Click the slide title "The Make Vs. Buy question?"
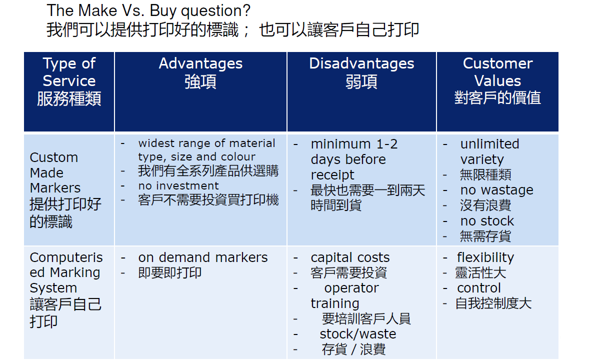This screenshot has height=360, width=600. (x=148, y=10)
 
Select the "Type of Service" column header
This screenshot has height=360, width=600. (x=69, y=72)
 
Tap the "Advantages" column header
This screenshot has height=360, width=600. (x=200, y=63)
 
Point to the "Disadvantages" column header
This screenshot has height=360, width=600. (x=361, y=63)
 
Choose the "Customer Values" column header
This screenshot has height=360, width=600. (x=497, y=72)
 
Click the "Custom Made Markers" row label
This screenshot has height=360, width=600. (x=55, y=172)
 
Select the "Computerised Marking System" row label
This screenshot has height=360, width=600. (x=66, y=272)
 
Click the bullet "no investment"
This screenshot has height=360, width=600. (x=178, y=185)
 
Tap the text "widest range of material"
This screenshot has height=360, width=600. (x=206, y=143)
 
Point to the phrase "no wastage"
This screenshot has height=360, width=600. (x=496, y=190)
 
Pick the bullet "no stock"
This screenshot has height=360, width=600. (x=487, y=221)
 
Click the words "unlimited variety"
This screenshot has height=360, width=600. (x=489, y=151)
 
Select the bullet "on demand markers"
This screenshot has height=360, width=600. (x=203, y=257)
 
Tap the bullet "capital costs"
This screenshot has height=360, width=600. (x=350, y=257)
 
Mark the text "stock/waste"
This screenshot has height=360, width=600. (x=358, y=334)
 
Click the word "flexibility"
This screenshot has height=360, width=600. (x=485, y=257)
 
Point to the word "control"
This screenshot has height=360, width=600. (x=479, y=288)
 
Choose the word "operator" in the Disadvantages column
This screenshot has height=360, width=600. (x=351, y=288)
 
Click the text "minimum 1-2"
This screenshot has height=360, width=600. (x=354, y=144)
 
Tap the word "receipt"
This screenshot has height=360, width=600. (x=332, y=175)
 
